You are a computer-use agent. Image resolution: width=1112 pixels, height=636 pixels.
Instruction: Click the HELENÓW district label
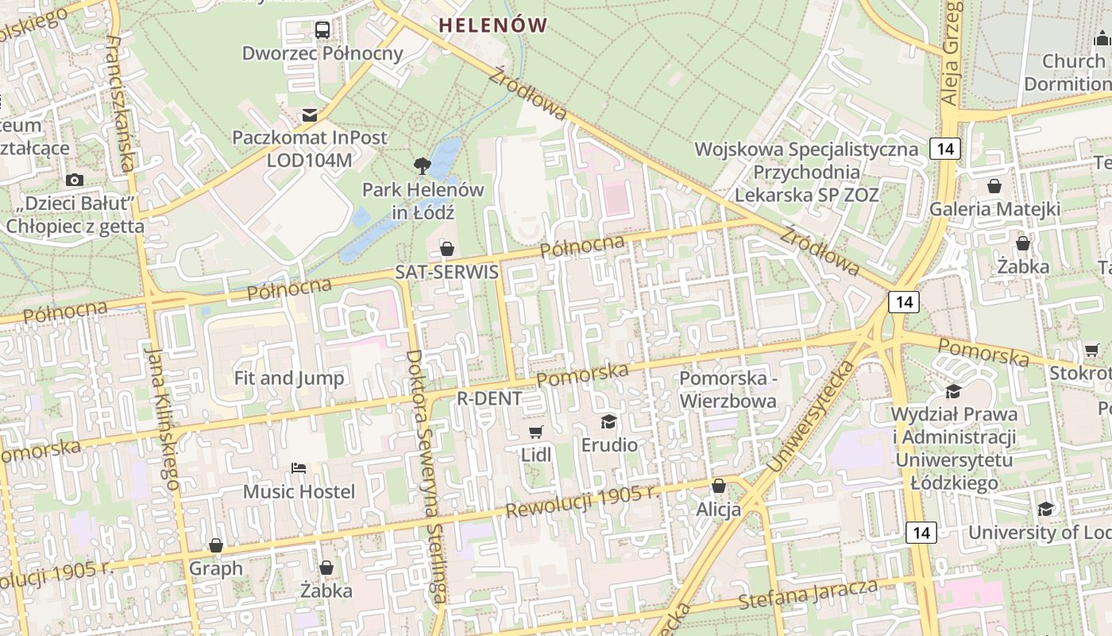492,25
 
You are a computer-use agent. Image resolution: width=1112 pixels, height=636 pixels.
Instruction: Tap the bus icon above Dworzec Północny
322,30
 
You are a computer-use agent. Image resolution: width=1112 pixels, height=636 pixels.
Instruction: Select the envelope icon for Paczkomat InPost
310,115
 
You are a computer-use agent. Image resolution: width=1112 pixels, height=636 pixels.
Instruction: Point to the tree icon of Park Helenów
423,166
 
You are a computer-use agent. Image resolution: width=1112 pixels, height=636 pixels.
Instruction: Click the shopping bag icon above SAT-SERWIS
447,249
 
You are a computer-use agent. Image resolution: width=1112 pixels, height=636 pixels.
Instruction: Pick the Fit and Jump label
289,378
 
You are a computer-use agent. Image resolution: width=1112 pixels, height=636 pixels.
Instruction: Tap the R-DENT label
489,398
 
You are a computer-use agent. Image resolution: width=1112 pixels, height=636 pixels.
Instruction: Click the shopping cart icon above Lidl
536,432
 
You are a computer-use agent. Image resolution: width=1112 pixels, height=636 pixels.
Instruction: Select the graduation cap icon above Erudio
609,421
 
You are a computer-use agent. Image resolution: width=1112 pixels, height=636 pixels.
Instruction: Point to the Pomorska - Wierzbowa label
728,390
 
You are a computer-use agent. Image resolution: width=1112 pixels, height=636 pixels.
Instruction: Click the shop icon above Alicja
719,486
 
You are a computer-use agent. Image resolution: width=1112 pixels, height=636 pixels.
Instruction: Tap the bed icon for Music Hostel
299,468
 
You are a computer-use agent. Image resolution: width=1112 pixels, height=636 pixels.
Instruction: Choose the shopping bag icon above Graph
216,545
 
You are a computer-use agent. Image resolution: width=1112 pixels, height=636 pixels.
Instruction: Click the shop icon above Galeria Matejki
994,186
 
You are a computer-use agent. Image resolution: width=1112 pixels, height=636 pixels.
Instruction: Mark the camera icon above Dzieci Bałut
75,180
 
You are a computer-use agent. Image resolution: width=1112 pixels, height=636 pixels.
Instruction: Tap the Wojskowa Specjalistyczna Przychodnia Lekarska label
806,172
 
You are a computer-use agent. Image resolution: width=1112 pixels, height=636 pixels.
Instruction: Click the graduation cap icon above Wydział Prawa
953,391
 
